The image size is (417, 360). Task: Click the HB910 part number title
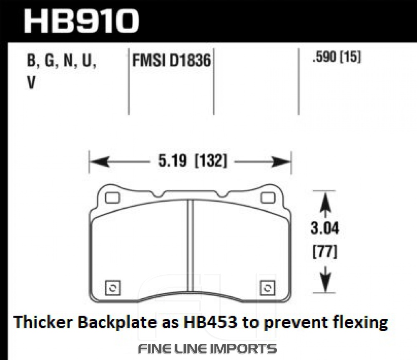(x=81, y=21)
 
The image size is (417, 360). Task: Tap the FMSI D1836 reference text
(x=171, y=60)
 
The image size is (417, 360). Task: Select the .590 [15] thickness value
(x=337, y=57)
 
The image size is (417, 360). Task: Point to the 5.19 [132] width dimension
(x=193, y=161)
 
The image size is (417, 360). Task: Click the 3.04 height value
(x=325, y=228)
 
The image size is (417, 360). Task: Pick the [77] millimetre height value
(x=325, y=252)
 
